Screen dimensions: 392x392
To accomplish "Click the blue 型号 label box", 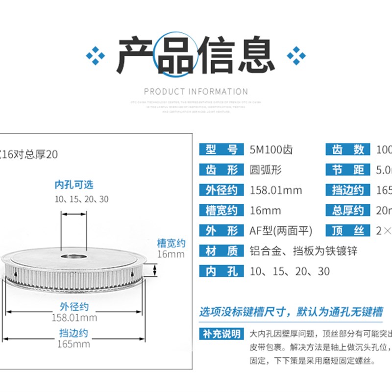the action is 220,150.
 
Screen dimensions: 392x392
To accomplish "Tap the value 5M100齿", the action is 271,150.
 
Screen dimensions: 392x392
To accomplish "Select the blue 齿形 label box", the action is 220,170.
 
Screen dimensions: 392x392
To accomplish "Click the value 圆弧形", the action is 265,170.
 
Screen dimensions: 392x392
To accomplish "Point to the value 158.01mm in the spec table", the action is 276,190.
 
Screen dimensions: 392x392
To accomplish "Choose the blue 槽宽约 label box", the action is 220,210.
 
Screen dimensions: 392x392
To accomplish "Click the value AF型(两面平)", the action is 281,230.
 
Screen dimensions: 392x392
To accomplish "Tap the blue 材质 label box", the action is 220,251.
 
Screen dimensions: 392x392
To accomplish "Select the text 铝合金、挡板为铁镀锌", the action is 303,251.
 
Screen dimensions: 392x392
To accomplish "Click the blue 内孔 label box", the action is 220,271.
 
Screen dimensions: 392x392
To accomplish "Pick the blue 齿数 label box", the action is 347,150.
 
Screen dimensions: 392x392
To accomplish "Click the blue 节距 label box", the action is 347,170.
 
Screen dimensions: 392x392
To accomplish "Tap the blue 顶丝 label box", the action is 347,230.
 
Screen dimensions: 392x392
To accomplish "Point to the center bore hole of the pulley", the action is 73,256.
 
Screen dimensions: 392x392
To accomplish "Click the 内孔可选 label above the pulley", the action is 73,185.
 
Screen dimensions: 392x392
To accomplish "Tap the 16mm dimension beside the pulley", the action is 171,254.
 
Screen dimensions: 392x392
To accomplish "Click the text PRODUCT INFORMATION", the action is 196,91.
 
